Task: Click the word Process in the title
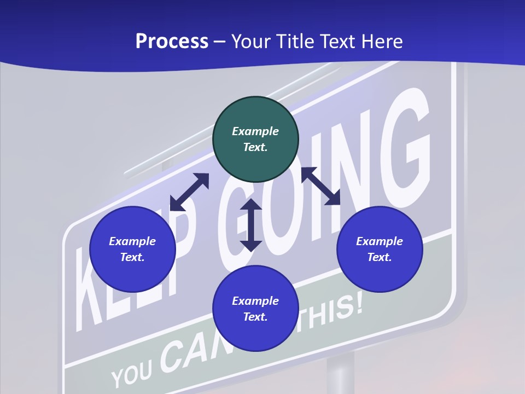(x=172, y=42)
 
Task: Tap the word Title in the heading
(x=296, y=42)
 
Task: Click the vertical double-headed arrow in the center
(x=251, y=225)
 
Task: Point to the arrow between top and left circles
(x=190, y=192)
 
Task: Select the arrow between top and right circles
(x=321, y=186)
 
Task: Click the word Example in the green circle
(x=255, y=131)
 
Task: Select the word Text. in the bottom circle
(x=255, y=317)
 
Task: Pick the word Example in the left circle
(x=132, y=241)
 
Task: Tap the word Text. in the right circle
(x=380, y=257)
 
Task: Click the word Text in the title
(x=338, y=42)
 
